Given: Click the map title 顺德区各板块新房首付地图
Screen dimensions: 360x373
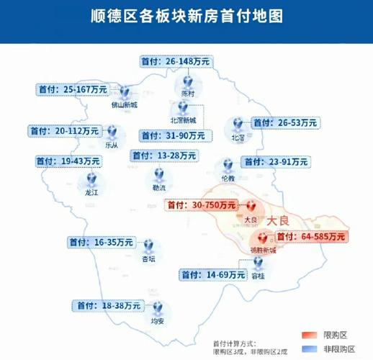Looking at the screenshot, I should pyautogui.click(x=186, y=15).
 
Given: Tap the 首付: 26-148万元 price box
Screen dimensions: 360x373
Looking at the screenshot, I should pyautogui.click(x=176, y=63).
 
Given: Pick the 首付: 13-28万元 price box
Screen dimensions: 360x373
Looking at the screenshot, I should pyautogui.click(x=163, y=156).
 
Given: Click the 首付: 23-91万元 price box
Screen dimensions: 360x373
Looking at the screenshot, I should pyautogui.click(x=274, y=162).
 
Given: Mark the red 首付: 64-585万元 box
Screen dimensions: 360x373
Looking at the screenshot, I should pyautogui.click(x=310, y=236).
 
